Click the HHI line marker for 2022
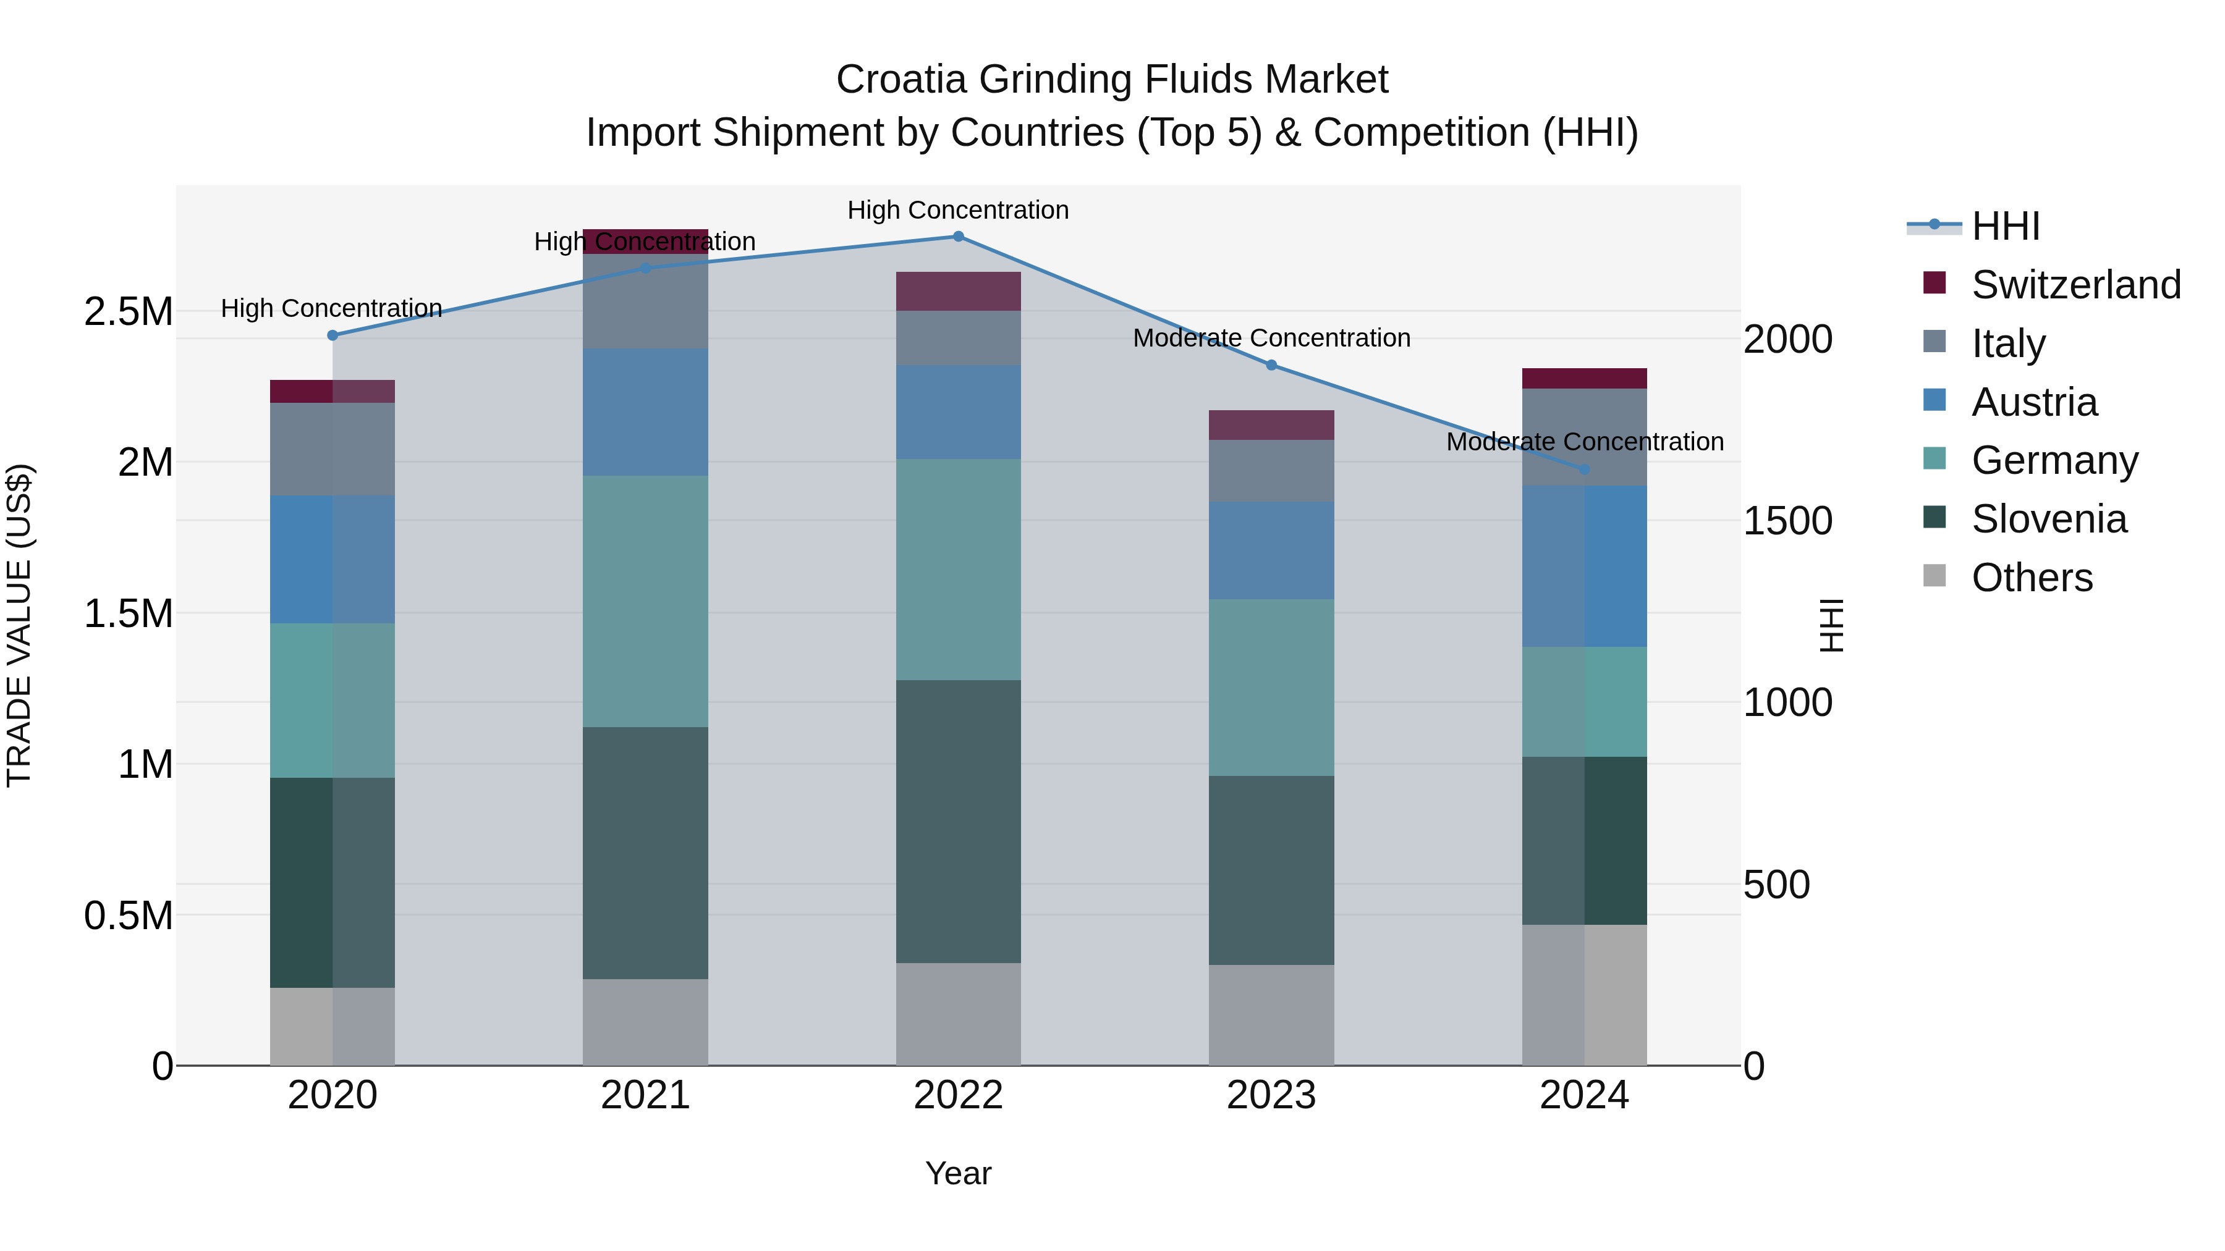pos(958,237)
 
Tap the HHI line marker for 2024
pos(1584,470)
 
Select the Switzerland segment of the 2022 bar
pos(958,291)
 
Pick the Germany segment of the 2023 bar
pos(1271,687)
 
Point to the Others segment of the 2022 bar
pos(958,1014)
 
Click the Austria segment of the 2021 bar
pos(645,412)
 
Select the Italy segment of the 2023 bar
pos(1271,471)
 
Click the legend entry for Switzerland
pos(2075,284)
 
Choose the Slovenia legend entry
pos(2049,519)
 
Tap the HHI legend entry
pos(2005,226)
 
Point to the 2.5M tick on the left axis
pos(129,312)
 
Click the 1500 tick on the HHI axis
pos(1787,521)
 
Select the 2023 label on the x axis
pos(1271,1095)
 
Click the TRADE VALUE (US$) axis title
pos(19,625)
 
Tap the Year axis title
pos(958,1173)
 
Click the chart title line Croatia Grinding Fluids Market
pos(1112,80)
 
